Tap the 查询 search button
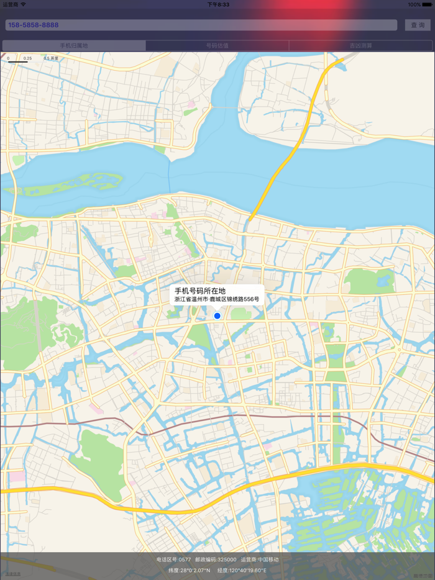point(418,25)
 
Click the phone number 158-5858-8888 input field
point(201,25)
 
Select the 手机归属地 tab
point(74,45)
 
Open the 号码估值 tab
point(217,45)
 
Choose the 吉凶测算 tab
point(360,45)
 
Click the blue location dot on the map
point(217,316)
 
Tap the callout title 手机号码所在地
point(200,291)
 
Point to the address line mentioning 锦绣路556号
point(217,299)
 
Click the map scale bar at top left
point(19,61)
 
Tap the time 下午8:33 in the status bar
point(218,4)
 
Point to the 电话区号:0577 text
point(174,560)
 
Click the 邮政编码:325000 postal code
point(216,560)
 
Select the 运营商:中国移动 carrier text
point(260,560)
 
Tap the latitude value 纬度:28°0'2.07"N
point(190,570)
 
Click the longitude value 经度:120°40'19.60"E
point(242,570)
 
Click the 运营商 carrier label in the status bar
point(10,4)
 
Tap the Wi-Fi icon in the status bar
point(24,4)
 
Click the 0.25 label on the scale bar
point(27,58)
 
